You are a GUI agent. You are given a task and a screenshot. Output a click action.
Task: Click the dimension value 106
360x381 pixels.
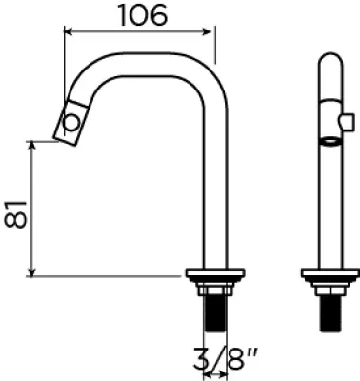click(x=143, y=15)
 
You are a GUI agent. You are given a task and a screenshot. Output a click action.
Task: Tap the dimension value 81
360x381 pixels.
click(x=15, y=214)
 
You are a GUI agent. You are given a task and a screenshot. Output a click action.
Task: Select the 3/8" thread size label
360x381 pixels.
click(x=225, y=358)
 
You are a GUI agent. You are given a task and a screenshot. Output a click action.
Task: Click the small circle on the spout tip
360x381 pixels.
click(x=71, y=122)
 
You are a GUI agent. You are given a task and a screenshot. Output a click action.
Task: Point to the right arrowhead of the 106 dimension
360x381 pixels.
click(x=207, y=31)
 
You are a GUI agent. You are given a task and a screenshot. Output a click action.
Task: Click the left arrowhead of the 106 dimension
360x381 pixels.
click(x=69, y=31)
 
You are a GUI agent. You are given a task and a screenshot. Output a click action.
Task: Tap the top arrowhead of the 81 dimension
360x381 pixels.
click(x=31, y=145)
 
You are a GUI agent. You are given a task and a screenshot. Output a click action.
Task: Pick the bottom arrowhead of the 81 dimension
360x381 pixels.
click(x=31, y=272)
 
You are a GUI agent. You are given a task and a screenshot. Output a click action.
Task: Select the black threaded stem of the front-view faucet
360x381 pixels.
click(x=330, y=313)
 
